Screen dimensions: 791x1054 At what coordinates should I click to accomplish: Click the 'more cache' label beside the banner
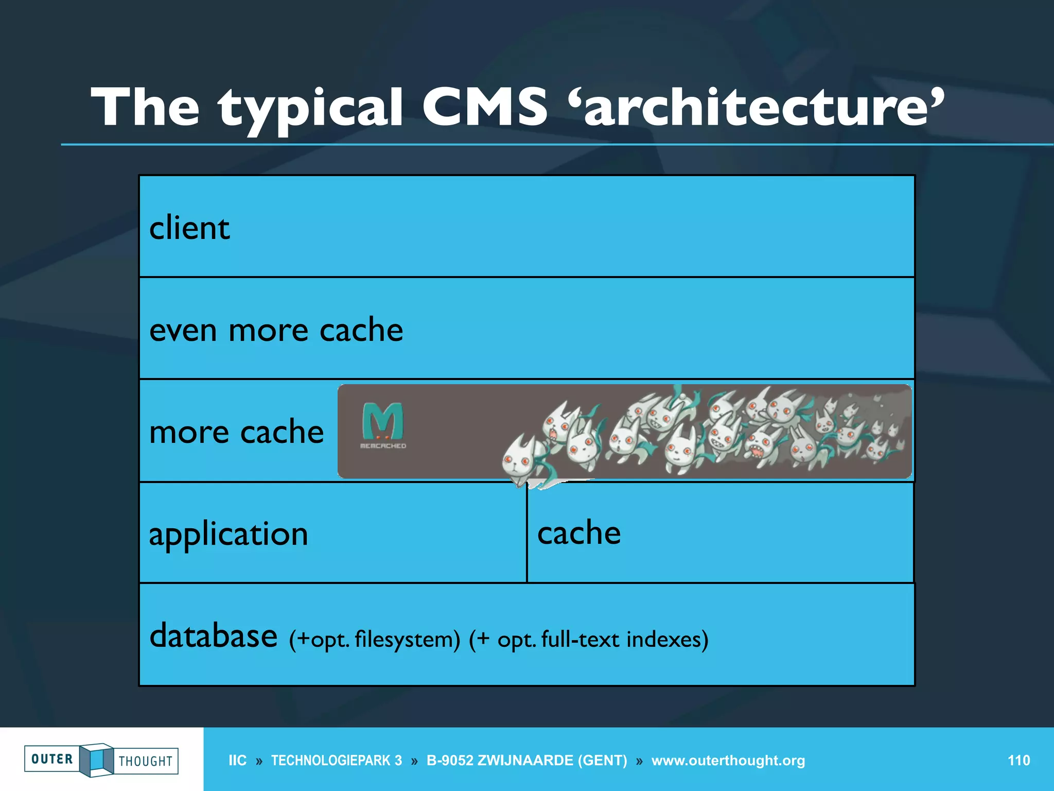coord(236,432)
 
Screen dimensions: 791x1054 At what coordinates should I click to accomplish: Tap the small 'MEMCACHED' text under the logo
coord(383,446)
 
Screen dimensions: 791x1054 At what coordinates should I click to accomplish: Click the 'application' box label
coord(229,534)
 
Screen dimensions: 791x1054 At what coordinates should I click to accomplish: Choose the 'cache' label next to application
coord(579,532)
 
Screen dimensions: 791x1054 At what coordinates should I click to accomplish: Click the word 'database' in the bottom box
coord(213,636)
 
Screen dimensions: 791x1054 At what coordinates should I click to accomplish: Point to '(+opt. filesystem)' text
coord(374,640)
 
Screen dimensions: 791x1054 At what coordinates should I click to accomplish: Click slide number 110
coord(1018,760)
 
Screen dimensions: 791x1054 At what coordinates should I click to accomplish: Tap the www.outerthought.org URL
coord(728,761)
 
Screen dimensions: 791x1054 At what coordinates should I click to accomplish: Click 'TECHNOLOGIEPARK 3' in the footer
coord(337,761)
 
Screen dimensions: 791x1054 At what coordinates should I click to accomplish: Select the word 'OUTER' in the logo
coord(52,759)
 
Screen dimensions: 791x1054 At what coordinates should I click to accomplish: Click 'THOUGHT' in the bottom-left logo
coord(146,761)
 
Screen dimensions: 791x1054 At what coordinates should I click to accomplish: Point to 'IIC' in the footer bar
coord(237,761)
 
